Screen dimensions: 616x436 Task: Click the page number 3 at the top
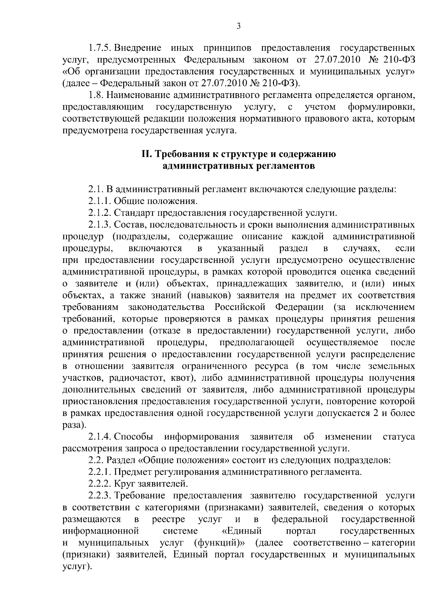[x=238, y=26]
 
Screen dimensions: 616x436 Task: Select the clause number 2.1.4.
[x=101, y=437]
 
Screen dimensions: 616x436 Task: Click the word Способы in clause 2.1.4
[x=136, y=437]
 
